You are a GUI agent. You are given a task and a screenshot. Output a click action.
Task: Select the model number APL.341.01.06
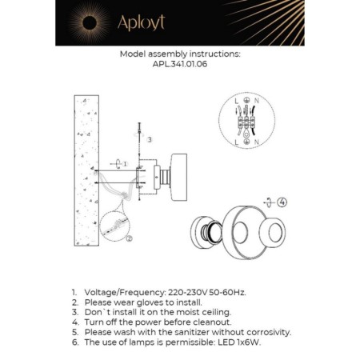click(x=179, y=67)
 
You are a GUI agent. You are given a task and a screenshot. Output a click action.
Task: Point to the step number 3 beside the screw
click(x=149, y=138)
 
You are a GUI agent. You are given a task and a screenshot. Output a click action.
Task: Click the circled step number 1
click(x=122, y=163)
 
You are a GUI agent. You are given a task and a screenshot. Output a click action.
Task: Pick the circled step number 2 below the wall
click(x=129, y=237)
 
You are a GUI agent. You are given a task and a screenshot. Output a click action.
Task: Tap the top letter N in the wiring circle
click(x=258, y=100)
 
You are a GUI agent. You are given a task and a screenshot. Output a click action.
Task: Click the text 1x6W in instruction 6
click(x=246, y=341)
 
